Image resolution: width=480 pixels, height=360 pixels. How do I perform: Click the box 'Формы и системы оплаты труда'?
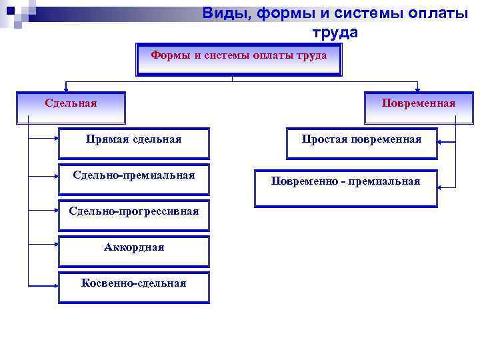pyautogui.click(x=239, y=59)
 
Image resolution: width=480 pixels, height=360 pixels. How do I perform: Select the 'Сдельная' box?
pyautogui.click(x=71, y=107)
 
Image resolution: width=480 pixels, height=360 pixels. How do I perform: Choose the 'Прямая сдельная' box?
pyautogui.click(x=133, y=143)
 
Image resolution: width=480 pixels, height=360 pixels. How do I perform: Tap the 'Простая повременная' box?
pyautogui.click(x=361, y=143)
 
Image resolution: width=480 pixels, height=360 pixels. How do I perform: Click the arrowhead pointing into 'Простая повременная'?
pyautogui.click(x=441, y=141)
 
